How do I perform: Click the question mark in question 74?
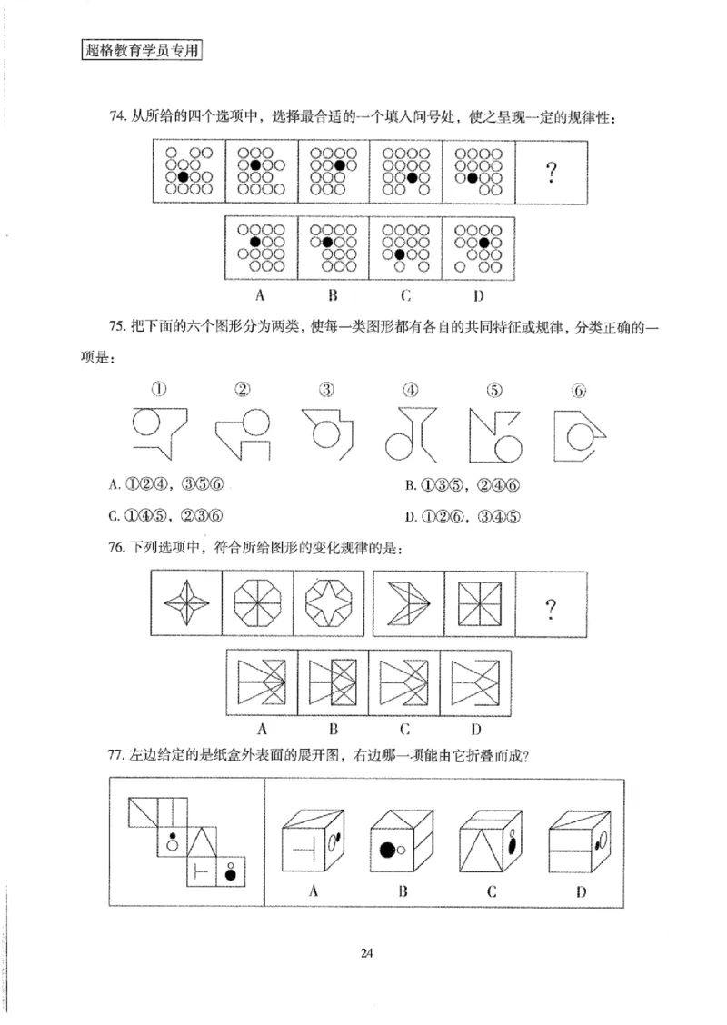tap(551, 173)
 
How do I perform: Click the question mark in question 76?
tap(551, 607)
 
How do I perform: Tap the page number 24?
tap(366, 953)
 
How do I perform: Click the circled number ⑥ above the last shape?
tap(578, 392)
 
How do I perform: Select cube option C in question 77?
tap(492, 841)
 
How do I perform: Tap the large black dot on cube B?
tap(387, 851)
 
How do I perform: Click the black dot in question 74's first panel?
tap(183, 176)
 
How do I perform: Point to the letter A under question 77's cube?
tap(314, 891)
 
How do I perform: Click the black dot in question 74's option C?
tap(399, 254)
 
